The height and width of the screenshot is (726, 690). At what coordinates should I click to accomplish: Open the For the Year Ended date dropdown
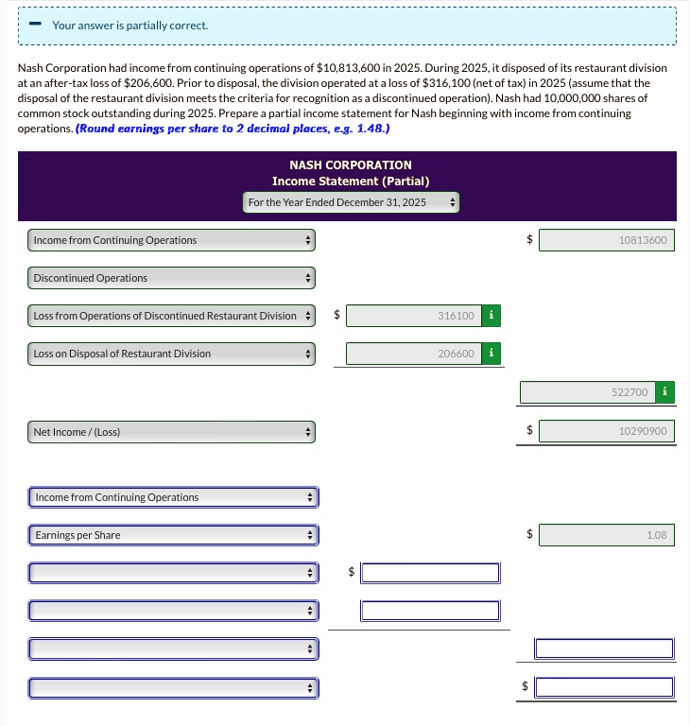pyautogui.click(x=351, y=202)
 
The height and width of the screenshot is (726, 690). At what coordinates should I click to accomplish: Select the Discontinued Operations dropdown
pyautogui.click(x=171, y=278)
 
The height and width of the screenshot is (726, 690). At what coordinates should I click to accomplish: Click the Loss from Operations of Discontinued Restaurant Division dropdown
pyautogui.click(x=171, y=316)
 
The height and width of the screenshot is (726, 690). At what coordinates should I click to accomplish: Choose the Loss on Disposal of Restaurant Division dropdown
pyautogui.click(x=171, y=354)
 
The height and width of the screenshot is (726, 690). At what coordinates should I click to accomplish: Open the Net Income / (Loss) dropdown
pyautogui.click(x=171, y=432)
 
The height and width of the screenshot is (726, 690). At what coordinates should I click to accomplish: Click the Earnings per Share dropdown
pyautogui.click(x=173, y=535)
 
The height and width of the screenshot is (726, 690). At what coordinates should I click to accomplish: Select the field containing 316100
pyautogui.click(x=413, y=316)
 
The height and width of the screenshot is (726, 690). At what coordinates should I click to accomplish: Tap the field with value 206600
pyautogui.click(x=413, y=354)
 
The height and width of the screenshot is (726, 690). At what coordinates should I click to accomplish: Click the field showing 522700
pyautogui.click(x=586, y=391)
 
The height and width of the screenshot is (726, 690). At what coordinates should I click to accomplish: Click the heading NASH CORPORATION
pyautogui.click(x=351, y=165)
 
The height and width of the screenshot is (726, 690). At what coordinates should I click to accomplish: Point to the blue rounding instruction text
pyautogui.click(x=233, y=128)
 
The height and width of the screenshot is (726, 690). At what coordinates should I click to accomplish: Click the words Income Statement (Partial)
pyautogui.click(x=351, y=181)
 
